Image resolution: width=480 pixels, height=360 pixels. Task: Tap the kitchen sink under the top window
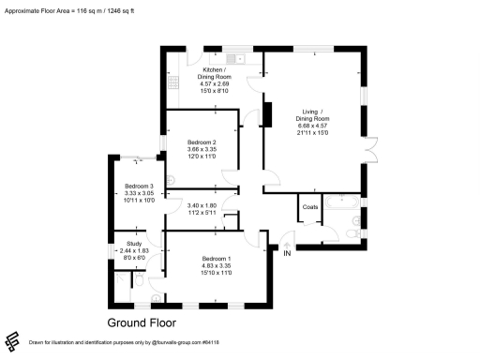click(240, 58)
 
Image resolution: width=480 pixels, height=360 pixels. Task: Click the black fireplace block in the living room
click(266, 113)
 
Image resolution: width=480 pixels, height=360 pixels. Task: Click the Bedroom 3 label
click(139, 185)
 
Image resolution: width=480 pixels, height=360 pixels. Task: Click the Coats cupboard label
click(310, 207)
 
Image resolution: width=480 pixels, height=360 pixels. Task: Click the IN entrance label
click(288, 252)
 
